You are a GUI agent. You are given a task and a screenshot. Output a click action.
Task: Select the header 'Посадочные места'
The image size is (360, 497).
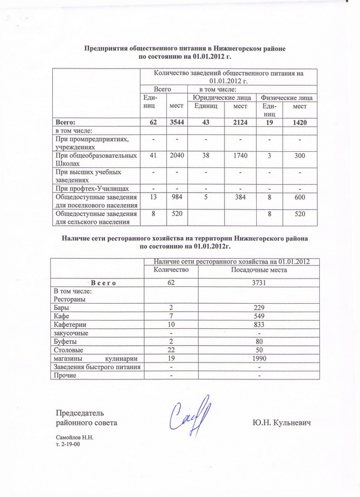tap(258, 270)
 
